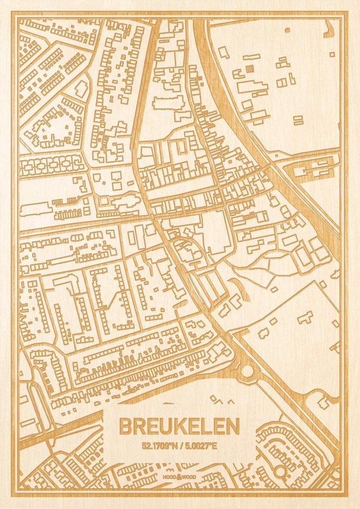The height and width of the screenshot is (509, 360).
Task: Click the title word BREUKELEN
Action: tap(179, 426)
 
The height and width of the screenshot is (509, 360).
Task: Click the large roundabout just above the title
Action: tap(247, 371)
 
